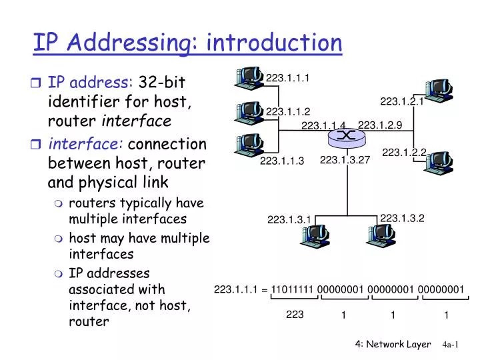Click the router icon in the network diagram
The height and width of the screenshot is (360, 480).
(x=346, y=136)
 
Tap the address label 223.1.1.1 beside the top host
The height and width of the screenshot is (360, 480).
(x=287, y=79)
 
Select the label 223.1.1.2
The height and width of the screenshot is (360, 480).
(x=288, y=111)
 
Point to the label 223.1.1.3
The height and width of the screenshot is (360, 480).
(x=281, y=161)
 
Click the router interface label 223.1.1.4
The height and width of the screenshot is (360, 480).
(x=323, y=126)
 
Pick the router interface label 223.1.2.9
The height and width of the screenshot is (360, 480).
(x=380, y=125)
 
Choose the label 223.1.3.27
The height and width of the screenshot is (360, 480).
(x=345, y=160)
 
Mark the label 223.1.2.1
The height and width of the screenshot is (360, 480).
(x=402, y=101)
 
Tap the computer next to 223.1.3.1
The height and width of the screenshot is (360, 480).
(x=315, y=235)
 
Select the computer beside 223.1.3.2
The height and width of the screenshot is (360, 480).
(x=381, y=235)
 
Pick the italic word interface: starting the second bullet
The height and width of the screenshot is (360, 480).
(x=85, y=144)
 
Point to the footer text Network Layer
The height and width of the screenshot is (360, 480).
(x=399, y=344)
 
